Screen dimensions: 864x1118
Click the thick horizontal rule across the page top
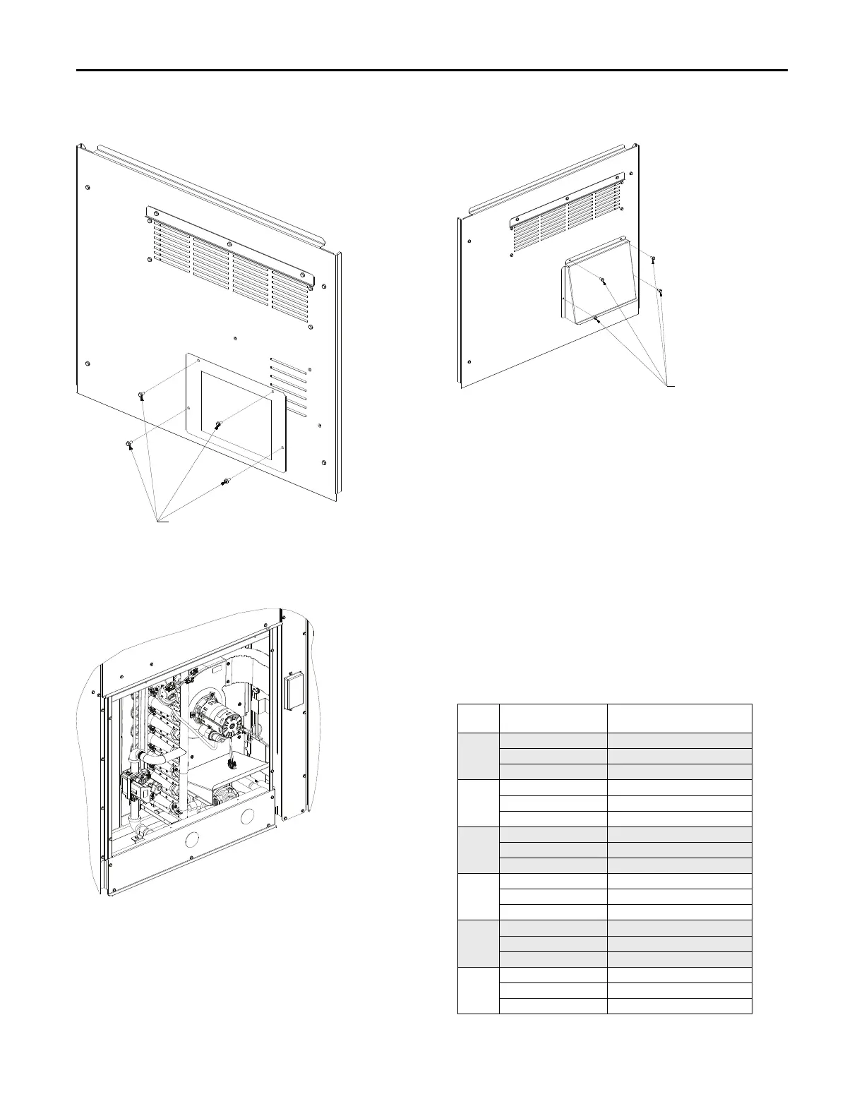(431, 71)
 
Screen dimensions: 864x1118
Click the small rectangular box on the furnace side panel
(291, 692)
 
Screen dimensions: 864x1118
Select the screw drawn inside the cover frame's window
(218, 425)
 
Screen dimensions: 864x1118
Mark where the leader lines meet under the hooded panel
(669, 385)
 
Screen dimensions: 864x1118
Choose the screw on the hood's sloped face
(602, 281)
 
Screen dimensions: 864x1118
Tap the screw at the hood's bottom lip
(596, 319)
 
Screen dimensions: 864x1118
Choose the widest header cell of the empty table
(679, 719)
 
